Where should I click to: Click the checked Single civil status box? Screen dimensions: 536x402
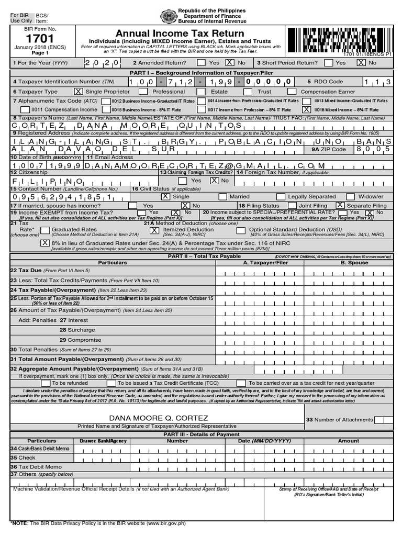[165, 197]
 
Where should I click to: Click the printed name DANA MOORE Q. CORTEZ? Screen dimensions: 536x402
[158, 418]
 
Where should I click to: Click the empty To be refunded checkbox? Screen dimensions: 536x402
[48, 383]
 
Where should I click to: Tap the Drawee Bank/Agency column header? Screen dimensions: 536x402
[103, 441]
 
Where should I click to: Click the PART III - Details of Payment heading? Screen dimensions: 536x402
[201, 434]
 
